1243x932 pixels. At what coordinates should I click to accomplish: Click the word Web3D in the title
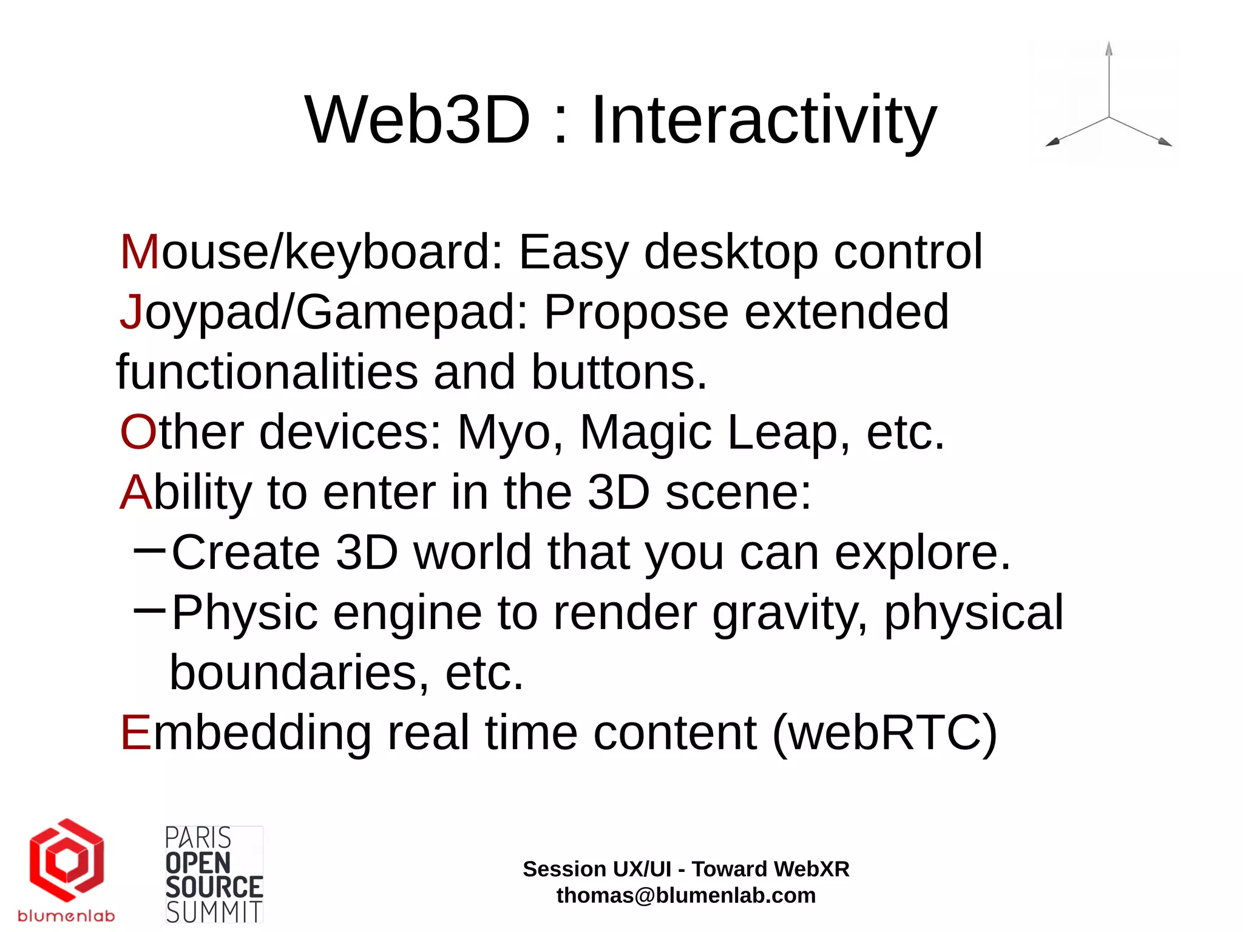pyautogui.click(x=418, y=120)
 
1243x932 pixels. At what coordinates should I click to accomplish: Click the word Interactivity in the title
pyautogui.click(x=764, y=121)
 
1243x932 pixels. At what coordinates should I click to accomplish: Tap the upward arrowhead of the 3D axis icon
pyautogui.click(x=1109, y=49)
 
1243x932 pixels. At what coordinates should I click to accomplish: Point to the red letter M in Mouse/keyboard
pyautogui.click(x=140, y=252)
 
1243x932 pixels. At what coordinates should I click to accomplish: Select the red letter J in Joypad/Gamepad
pyautogui.click(x=131, y=312)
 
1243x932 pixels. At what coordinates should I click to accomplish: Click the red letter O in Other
pyautogui.click(x=138, y=432)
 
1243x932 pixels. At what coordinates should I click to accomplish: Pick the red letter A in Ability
pyautogui.click(x=135, y=492)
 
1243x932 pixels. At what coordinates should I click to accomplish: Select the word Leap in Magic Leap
pyautogui.click(x=782, y=432)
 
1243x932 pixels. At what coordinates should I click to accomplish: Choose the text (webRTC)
pyautogui.click(x=884, y=733)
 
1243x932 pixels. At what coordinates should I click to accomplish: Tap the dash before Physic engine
pyautogui.click(x=149, y=610)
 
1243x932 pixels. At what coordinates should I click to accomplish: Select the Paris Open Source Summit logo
pyautogui.click(x=214, y=874)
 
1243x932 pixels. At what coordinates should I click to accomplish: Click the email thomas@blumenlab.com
pyautogui.click(x=686, y=896)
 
